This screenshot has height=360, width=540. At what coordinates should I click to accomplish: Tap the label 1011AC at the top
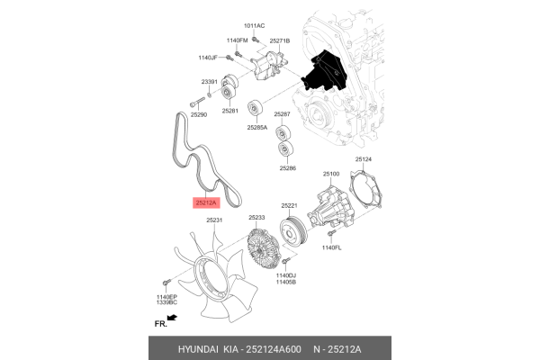coord(255,26)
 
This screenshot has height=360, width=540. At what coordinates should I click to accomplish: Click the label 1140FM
coord(237,40)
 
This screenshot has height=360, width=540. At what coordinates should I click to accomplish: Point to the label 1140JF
coord(209,58)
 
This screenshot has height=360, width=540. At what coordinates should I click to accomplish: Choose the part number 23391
coord(209,82)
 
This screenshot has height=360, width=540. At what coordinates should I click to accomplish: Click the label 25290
coord(198,115)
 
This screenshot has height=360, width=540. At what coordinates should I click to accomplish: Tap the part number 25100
coord(331,174)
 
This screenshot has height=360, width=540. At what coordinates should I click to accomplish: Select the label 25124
coord(363,159)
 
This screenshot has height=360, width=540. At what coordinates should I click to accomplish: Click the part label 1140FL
coord(332,247)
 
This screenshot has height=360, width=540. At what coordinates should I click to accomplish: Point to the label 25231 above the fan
coord(214,220)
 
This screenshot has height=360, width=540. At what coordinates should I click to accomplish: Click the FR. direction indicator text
coord(161,321)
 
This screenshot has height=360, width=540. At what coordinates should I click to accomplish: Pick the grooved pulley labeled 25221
coord(293,231)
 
